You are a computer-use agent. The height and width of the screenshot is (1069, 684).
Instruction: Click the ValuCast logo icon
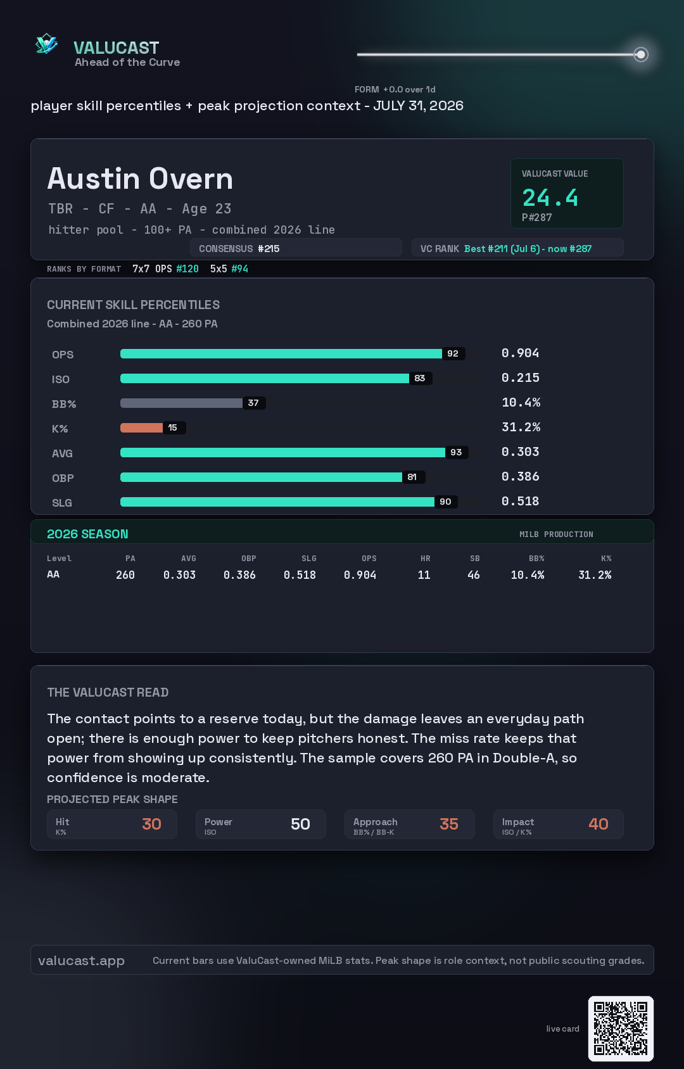pos(46,44)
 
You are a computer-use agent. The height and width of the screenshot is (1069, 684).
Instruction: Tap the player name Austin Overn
pos(140,179)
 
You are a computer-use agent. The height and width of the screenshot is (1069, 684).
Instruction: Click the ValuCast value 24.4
pos(550,198)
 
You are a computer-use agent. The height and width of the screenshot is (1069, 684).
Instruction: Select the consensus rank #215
pos(269,249)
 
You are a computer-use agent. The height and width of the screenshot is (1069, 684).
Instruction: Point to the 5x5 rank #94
pos(239,269)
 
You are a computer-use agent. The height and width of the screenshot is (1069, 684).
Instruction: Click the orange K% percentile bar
pos(141,427)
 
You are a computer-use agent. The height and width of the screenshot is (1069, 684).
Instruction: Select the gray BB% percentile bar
pos(181,403)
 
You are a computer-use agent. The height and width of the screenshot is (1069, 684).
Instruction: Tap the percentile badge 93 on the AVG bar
pos(457,452)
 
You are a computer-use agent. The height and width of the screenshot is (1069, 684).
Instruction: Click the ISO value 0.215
pos(520,378)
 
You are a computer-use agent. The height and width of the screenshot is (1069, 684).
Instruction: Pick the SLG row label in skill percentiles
pos(62,503)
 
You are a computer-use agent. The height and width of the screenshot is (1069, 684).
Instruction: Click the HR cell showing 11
pos(424,575)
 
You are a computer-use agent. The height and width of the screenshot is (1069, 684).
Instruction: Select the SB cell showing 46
pos(474,575)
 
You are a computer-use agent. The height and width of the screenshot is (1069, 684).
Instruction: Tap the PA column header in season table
pos(130,559)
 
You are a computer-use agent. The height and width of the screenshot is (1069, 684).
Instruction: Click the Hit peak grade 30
pos(152,824)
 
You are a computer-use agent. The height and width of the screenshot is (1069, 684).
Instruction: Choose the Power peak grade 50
pos(300,824)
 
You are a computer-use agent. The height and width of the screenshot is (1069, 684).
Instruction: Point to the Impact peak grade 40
pos(598,824)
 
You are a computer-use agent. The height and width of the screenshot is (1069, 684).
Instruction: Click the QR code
pos(621,1028)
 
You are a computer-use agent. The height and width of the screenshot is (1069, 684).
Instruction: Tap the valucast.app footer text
pos(81,961)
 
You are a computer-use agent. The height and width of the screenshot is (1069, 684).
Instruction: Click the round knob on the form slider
pos(641,54)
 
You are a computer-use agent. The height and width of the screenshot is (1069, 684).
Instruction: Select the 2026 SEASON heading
pos(87,534)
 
